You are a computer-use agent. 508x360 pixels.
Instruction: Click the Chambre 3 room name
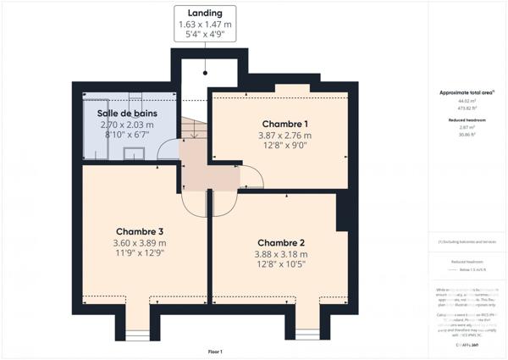[x=139, y=232]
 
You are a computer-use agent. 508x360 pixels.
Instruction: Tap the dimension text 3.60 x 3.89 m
[x=139, y=244]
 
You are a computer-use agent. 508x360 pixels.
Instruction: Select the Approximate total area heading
[x=467, y=92]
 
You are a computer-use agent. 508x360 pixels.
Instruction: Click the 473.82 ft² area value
[x=467, y=108]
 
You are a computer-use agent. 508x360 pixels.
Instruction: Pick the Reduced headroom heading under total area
[x=467, y=119]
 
